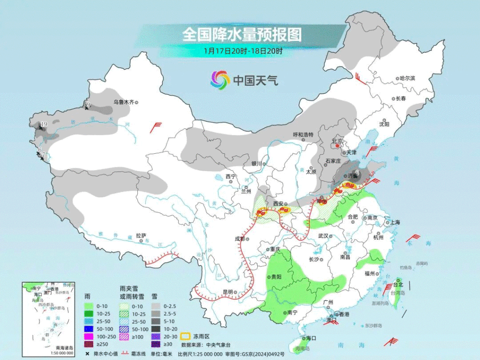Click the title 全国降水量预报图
click(241, 34)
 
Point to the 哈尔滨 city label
click(407, 78)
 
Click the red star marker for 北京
click(337, 146)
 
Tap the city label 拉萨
click(142, 235)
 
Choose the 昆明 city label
click(228, 292)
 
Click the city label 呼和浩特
click(303, 135)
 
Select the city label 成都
click(240, 239)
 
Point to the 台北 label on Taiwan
click(398, 285)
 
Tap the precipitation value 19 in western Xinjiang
click(44, 124)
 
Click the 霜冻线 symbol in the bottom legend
click(125, 354)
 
